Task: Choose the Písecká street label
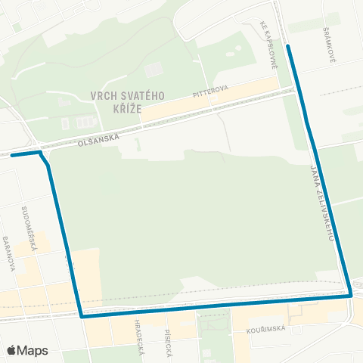click(x=168, y=343)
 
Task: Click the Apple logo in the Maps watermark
click(x=11, y=350)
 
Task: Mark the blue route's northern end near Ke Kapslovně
click(x=288, y=46)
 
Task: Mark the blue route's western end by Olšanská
click(x=12, y=155)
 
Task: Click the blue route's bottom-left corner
click(x=81, y=317)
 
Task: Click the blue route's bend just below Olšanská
click(x=48, y=164)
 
